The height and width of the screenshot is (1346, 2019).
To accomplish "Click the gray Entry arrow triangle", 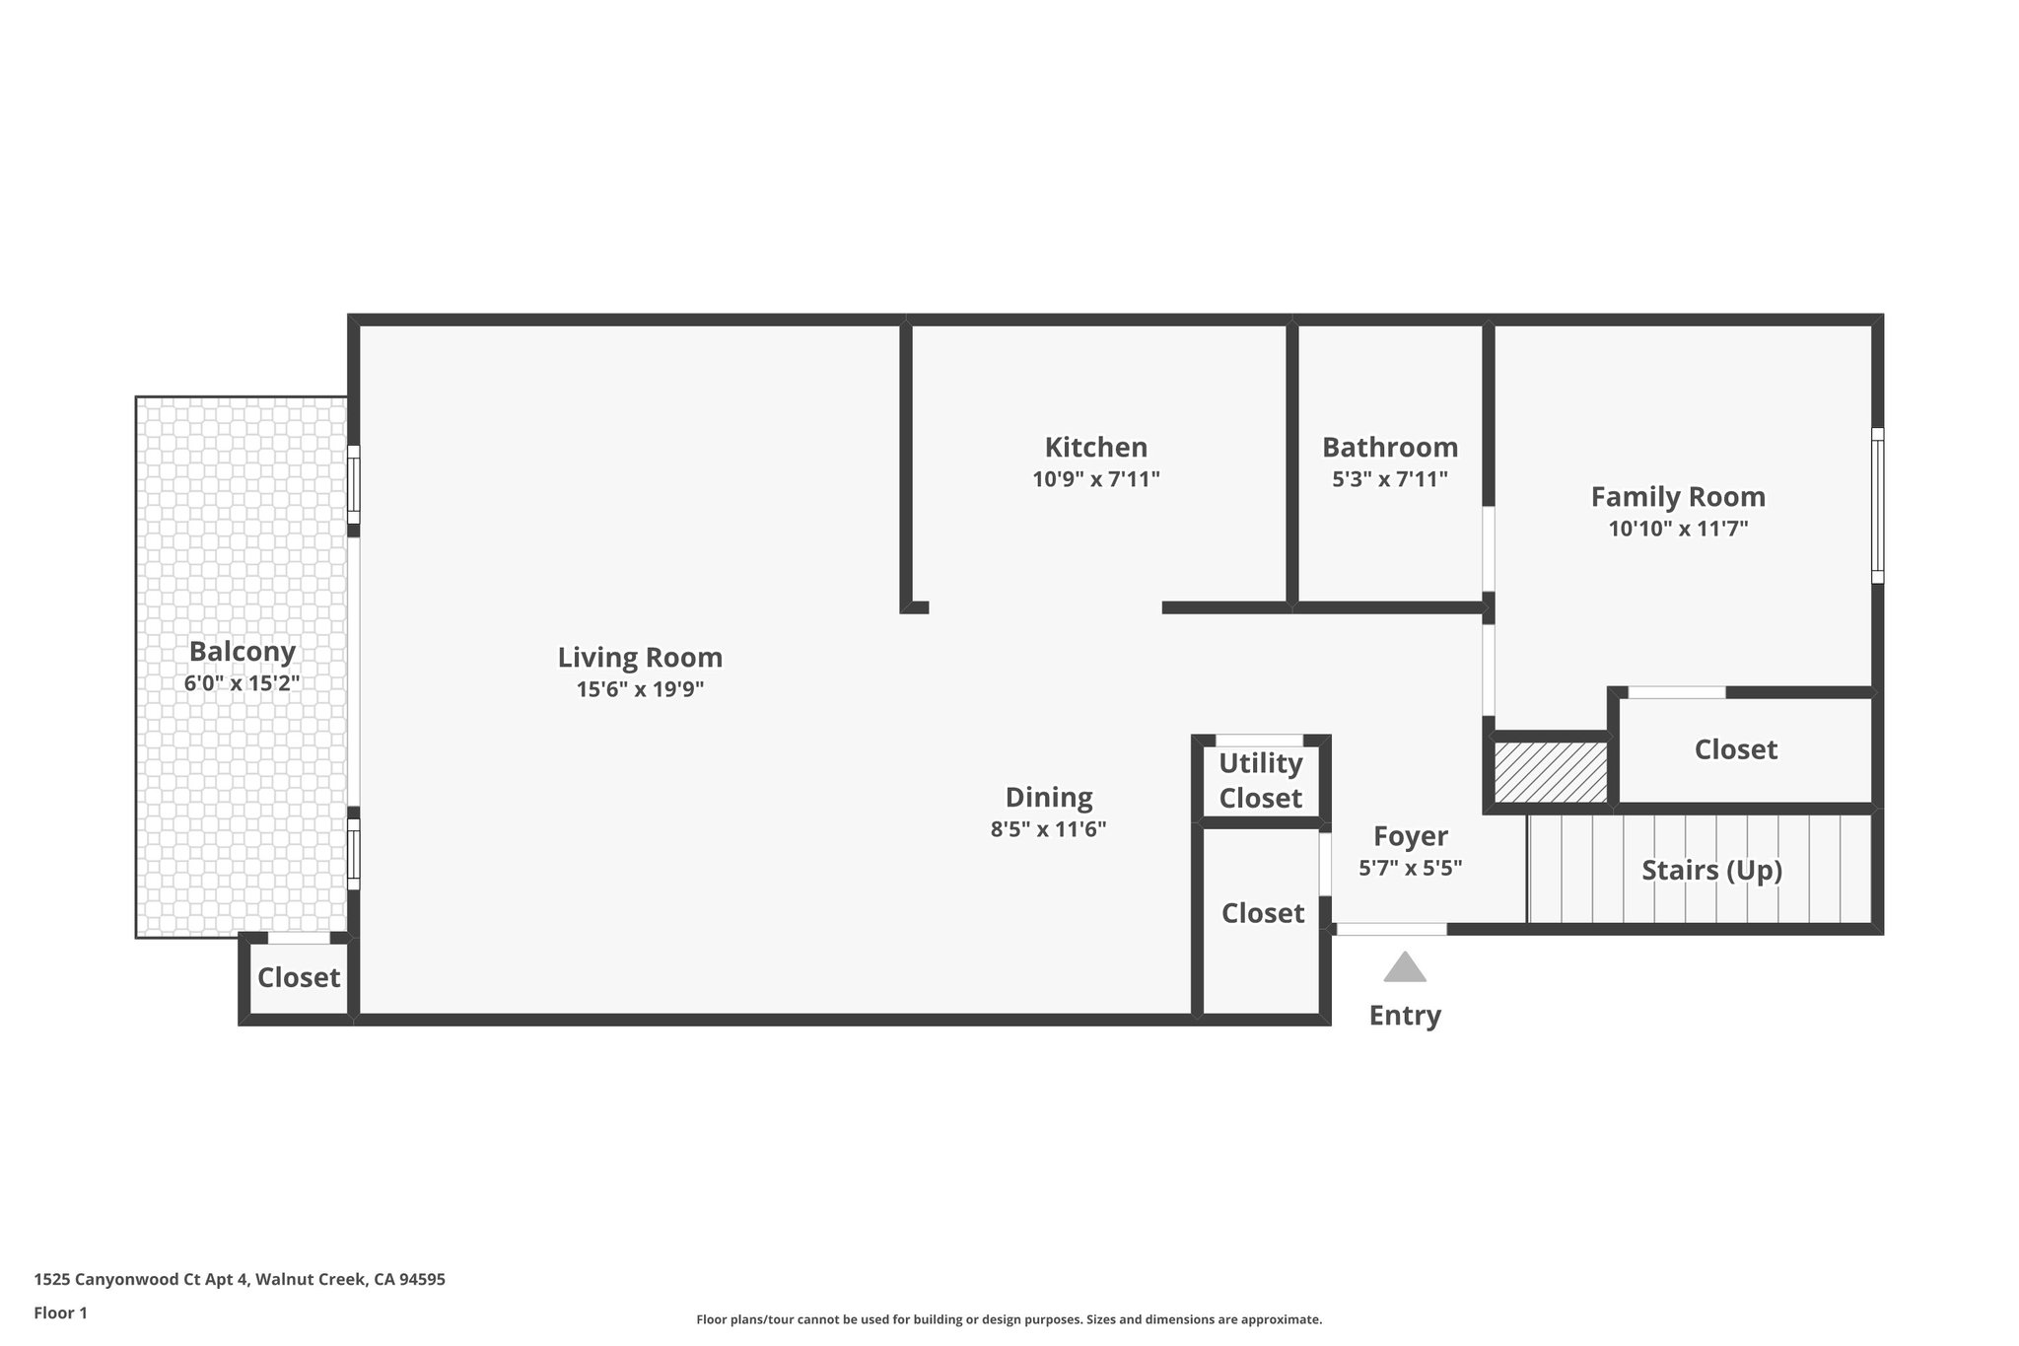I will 1405,968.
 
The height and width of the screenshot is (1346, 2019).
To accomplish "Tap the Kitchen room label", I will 1095,448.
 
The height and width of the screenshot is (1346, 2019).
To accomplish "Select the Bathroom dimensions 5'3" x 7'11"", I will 1389,480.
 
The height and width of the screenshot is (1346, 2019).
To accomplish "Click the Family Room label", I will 1678,497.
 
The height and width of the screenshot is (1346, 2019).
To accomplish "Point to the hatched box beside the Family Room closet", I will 1551,772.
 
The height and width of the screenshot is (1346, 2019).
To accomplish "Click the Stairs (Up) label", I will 1711,871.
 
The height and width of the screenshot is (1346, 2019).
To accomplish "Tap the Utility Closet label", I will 1260,780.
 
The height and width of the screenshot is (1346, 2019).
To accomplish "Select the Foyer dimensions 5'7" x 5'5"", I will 1410,869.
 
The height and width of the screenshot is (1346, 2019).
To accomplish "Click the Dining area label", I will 1048,798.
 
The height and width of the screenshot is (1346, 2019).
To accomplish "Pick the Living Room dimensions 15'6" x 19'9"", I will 640,689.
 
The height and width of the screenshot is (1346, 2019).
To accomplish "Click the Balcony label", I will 243,652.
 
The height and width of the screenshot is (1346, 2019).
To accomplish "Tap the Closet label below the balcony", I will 299,978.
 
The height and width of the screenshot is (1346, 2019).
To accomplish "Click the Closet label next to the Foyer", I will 1263,914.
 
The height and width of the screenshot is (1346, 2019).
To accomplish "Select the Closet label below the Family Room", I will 1735,750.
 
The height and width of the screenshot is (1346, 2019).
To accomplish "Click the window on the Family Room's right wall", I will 1877,506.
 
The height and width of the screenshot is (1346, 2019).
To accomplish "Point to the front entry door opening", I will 1391,929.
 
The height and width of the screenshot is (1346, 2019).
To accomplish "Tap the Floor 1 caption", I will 61,1313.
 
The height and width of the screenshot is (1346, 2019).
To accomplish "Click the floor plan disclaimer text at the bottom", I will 1009,1319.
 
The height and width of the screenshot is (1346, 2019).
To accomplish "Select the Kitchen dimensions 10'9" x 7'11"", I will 1095,480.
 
